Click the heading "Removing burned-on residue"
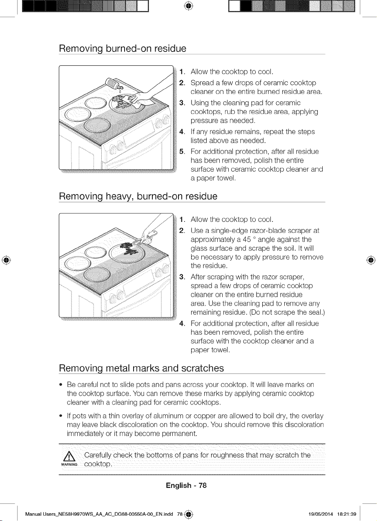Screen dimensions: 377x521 pyautogui.click(x=123, y=49)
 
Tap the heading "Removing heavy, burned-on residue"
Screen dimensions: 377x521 pyautogui.click(x=138, y=196)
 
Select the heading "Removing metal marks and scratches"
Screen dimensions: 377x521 pyautogui.click(x=141, y=368)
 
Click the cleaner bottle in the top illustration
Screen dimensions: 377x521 pyautogui.click(x=114, y=84)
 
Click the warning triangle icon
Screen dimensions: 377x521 pyautogui.click(x=69, y=456)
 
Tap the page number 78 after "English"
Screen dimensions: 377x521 pyautogui.click(x=203, y=485)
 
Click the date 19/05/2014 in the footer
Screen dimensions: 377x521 pyautogui.click(x=321, y=514)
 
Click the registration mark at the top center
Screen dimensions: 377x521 pyautogui.click(x=189, y=6)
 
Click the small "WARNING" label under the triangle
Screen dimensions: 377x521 pyautogui.click(x=69, y=465)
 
